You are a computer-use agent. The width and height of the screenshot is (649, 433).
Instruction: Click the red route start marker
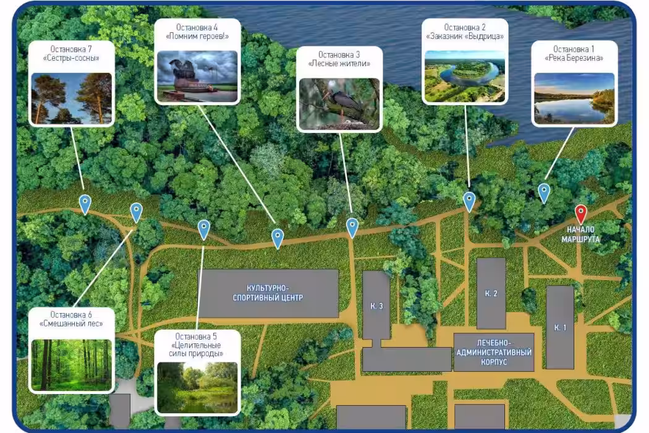pos(581,214)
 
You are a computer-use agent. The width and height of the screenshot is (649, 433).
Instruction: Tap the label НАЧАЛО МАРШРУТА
pos(581,234)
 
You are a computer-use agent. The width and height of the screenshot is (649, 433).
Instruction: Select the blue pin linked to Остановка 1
pos(544,193)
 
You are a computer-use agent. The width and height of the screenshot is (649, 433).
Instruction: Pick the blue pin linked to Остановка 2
pos(469,202)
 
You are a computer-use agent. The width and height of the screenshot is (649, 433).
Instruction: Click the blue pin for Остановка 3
pos(352,228)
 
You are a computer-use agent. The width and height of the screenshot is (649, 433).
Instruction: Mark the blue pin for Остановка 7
pos(85,204)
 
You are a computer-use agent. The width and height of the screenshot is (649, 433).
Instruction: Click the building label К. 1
pos(560,327)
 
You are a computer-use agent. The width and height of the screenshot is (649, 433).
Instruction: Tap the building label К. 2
pos(491,293)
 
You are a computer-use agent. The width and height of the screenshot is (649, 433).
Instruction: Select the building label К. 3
pos(376,306)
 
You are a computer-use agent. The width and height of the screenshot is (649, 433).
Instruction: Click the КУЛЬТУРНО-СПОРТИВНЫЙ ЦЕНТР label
pos(268,293)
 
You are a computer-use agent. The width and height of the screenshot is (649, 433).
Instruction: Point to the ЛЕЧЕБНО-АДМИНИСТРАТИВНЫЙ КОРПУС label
pos(494,352)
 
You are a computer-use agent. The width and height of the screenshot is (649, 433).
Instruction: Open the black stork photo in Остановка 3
pos(339,103)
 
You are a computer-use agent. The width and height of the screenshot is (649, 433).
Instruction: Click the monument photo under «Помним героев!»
pos(197,76)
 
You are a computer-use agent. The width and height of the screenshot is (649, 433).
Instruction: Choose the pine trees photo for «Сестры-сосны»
pos(72,98)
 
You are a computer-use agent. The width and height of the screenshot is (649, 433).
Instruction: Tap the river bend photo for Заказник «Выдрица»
pos(465,76)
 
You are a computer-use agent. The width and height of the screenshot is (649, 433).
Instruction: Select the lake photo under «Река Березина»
pos(574,98)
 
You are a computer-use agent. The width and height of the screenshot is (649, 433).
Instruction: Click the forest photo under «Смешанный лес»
pos(72,364)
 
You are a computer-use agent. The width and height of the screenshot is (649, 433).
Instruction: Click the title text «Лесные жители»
pos(339,63)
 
